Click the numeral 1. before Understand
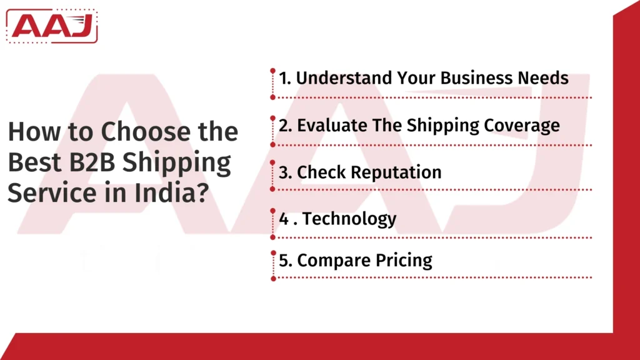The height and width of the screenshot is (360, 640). pos(286,78)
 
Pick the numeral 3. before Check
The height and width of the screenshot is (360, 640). pos(286,172)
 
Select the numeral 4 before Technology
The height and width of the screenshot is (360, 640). pos(284,219)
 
